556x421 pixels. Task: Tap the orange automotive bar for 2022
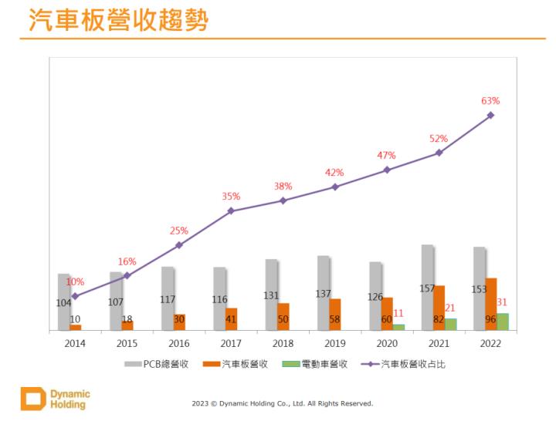pyautogui.click(x=491, y=304)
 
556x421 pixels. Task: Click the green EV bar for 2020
pyautogui.click(x=398, y=327)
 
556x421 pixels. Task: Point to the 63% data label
pyautogui.click(x=490, y=100)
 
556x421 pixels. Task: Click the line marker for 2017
pyautogui.click(x=231, y=210)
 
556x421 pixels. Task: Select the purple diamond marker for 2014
pyautogui.click(x=75, y=296)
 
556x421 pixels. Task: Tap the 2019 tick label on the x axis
pyautogui.click(x=335, y=344)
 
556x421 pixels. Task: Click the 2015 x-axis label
pyautogui.click(x=127, y=344)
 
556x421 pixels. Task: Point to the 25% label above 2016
pyautogui.click(x=179, y=231)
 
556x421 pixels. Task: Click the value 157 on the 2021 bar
pyautogui.click(x=427, y=288)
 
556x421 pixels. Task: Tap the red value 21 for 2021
pyautogui.click(x=450, y=308)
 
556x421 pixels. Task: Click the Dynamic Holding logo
pyautogui.click(x=55, y=399)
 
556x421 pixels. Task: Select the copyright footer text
pyautogui.click(x=282, y=403)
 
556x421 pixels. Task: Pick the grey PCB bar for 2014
pyautogui.click(x=63, y=302)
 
